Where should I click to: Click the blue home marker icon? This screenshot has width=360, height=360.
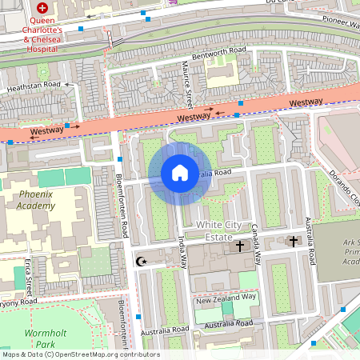[179, 172]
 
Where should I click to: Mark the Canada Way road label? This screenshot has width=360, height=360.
[258, 245]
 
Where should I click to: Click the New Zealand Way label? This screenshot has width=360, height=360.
[226, 297]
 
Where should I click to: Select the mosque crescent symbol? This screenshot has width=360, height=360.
[142, 261]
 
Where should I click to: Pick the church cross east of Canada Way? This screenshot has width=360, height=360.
[293, 240]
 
